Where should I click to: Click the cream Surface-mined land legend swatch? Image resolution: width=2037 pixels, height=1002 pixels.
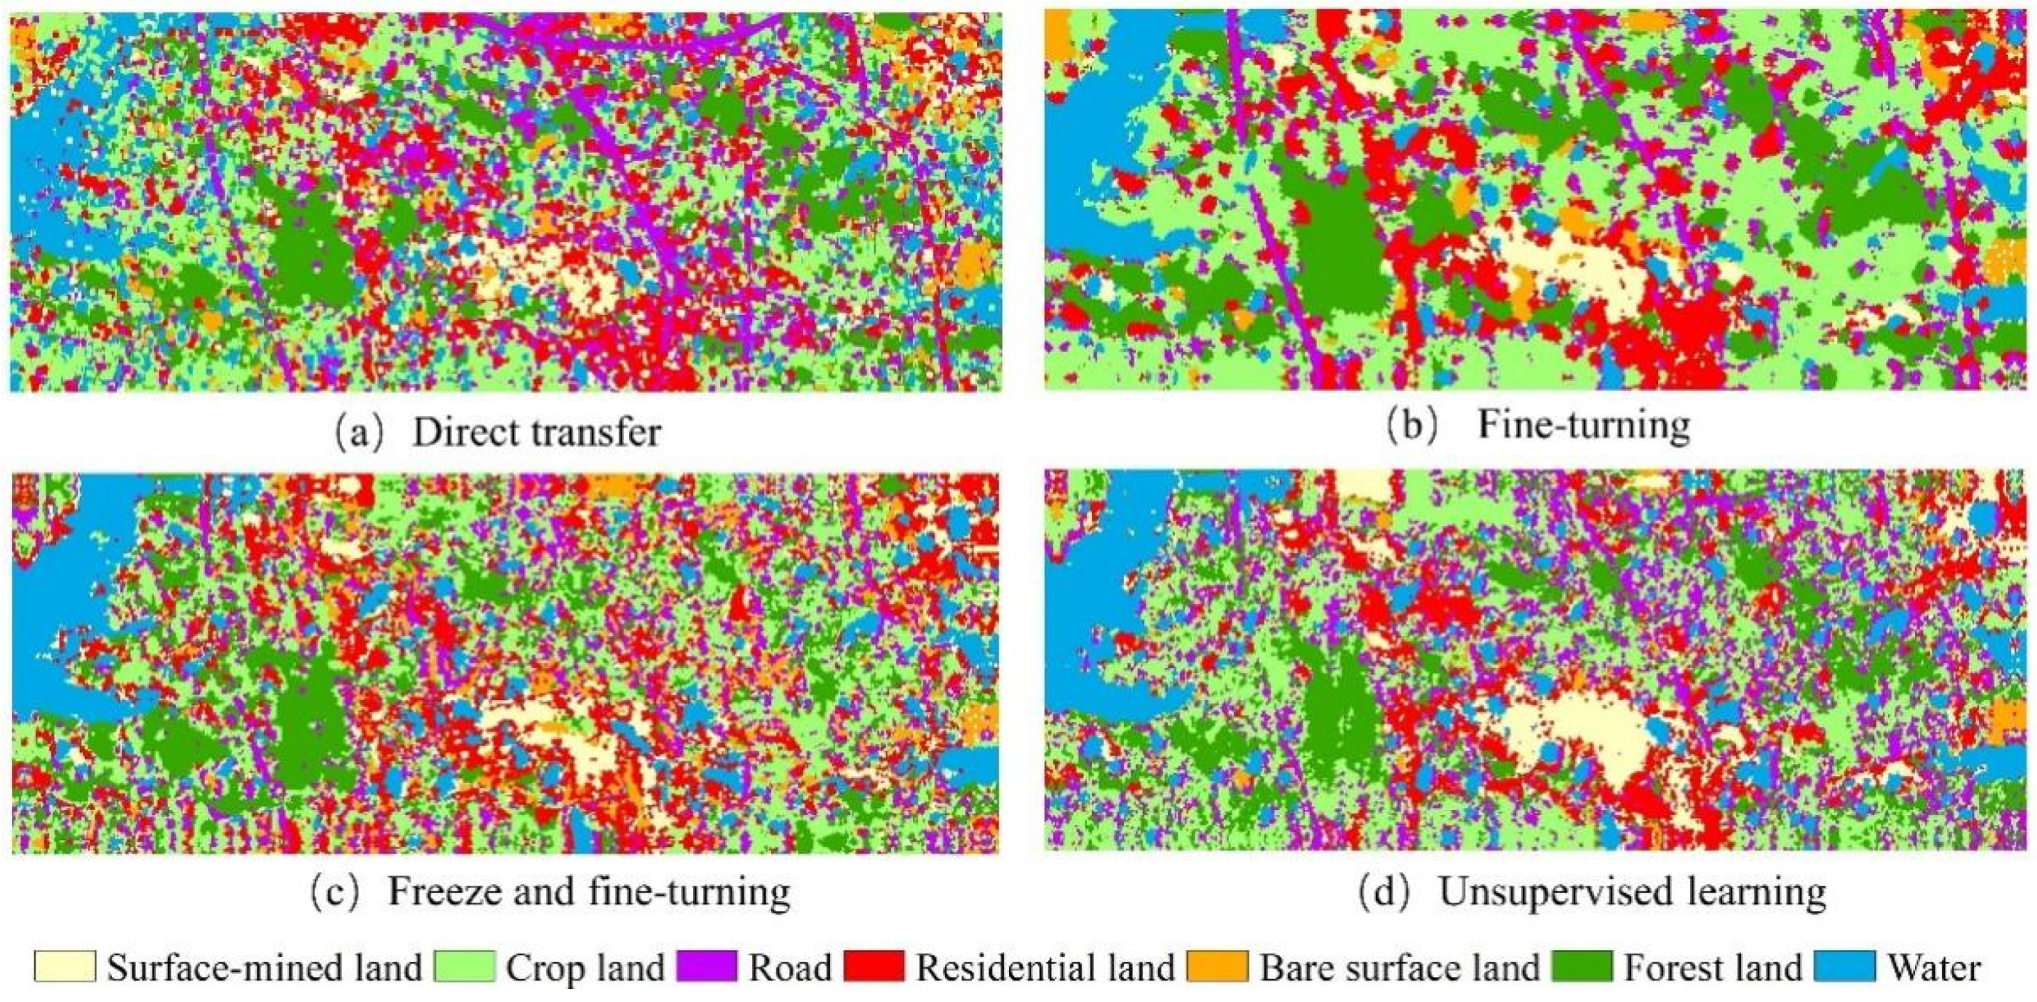[x=65, y=966]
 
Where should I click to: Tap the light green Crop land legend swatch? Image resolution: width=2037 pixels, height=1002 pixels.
[x=464, y=966]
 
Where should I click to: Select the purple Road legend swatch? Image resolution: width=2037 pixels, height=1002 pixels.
[x=707, y=966]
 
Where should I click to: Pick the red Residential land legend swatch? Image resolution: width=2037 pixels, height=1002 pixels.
[x=874, y=966]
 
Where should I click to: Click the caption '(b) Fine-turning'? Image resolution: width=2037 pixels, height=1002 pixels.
[x=1538, y=425]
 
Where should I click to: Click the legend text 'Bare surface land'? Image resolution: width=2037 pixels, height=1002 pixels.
[x=1399, y=967]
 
